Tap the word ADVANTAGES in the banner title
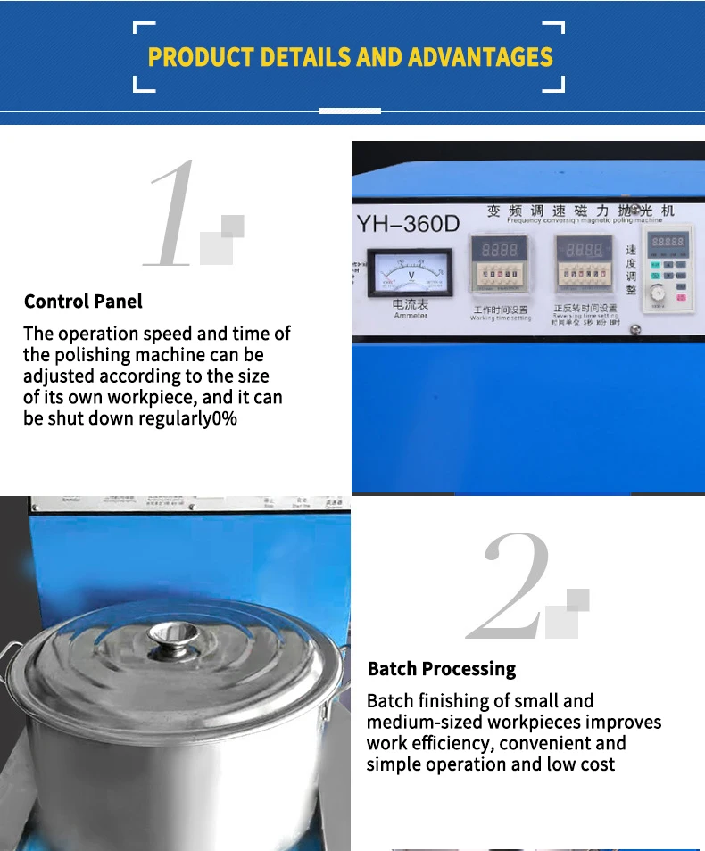click(480, 57)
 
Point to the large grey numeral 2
click(510, 586)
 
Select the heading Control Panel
click(83, 302)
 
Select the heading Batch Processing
click(441, 669)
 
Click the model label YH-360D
click(408, 223)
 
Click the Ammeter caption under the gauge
click(410, 316)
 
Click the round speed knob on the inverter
click(658, 292)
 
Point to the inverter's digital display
click(666, 242)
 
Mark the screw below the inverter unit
click(634, 330)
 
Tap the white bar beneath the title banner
click(350, 111)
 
